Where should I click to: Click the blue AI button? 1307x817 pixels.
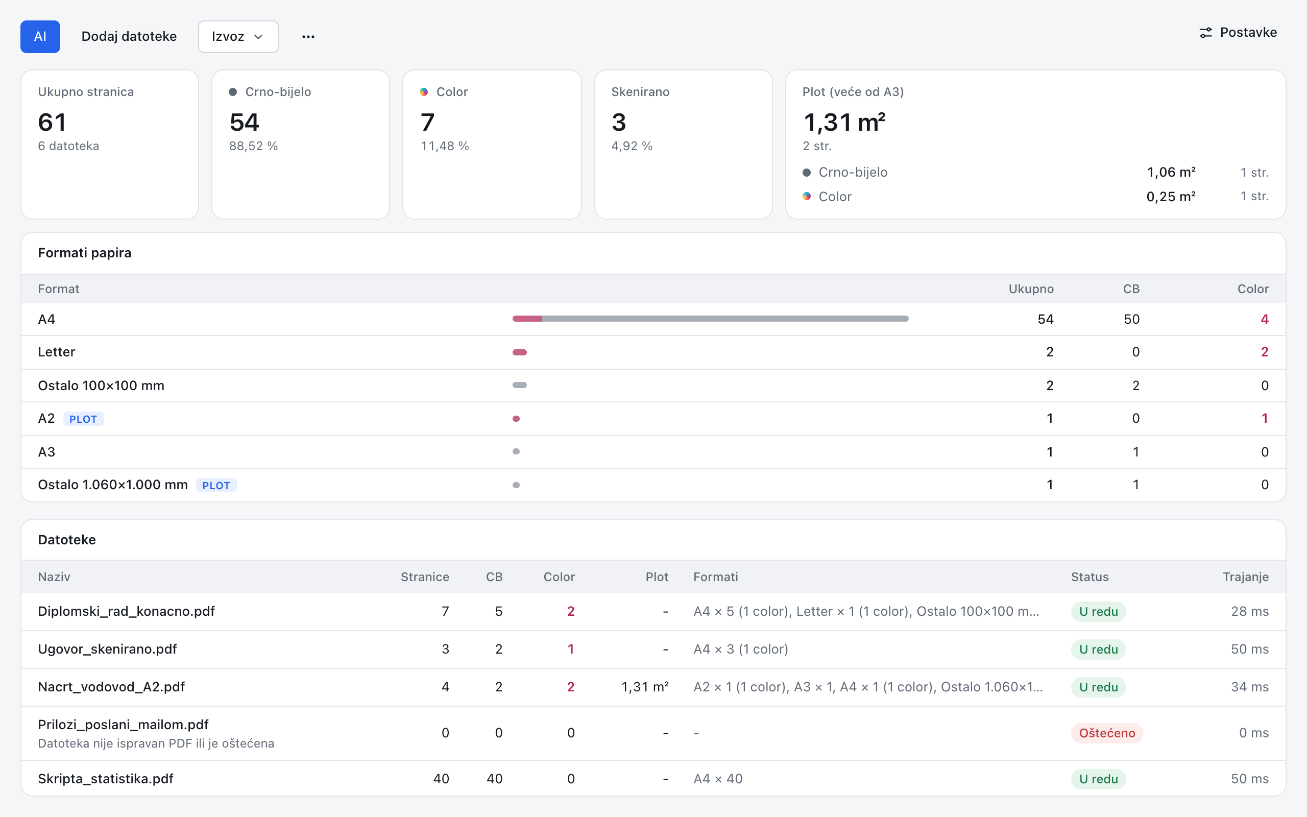40,36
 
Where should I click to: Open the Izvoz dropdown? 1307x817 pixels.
238,36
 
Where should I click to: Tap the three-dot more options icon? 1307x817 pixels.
308,36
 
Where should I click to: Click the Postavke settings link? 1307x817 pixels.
1238,32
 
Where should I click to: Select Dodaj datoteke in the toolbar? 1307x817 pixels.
129,36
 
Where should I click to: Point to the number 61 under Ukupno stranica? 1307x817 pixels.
52,122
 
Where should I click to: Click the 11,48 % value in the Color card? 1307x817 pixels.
445,146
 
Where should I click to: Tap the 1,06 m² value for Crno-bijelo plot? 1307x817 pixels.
1171,173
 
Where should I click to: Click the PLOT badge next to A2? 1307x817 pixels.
83,419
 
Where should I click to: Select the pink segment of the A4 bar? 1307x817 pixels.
527,319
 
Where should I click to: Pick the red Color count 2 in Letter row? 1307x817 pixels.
1264,352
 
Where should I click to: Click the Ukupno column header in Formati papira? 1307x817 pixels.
1031,289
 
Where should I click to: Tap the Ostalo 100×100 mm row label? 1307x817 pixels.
101,385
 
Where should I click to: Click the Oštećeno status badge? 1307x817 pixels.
1107,733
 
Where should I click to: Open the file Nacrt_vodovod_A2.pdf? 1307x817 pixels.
111,687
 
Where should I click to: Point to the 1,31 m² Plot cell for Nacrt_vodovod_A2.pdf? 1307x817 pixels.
645,687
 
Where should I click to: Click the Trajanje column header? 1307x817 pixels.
1245,577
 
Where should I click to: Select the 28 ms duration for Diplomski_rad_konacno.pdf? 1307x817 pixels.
1250,611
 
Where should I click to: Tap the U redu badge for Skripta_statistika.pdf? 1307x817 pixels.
1099,779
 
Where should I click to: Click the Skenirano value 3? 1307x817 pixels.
619,122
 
